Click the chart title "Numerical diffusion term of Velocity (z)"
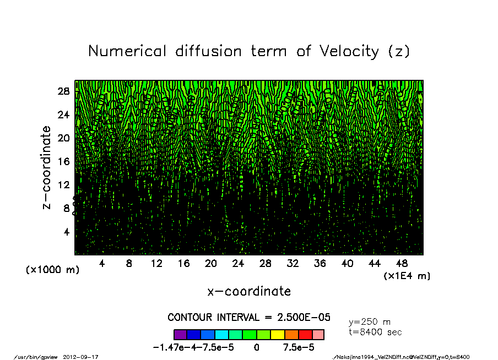click(249, 52)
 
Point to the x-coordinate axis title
click(249, 291)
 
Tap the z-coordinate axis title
click(47, 167)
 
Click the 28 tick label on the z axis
click(63, 91)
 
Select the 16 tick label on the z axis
click(63, 161)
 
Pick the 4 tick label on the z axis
click(66, 231)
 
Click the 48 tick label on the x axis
click(402, 264)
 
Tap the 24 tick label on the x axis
click(238, 264)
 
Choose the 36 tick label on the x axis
click(320, 264)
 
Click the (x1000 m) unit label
click(52, 270)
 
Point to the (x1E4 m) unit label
click(407, 276)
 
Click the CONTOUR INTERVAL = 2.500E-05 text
click(249, 318)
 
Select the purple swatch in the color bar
click(180, 334)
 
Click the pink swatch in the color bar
click(318, 334)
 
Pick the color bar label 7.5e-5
click(299, 348)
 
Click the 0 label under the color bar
click(257, 348)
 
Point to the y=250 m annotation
click(370, 322)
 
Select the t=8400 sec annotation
click(375, 332)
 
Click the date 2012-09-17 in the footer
click(85, 357)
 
